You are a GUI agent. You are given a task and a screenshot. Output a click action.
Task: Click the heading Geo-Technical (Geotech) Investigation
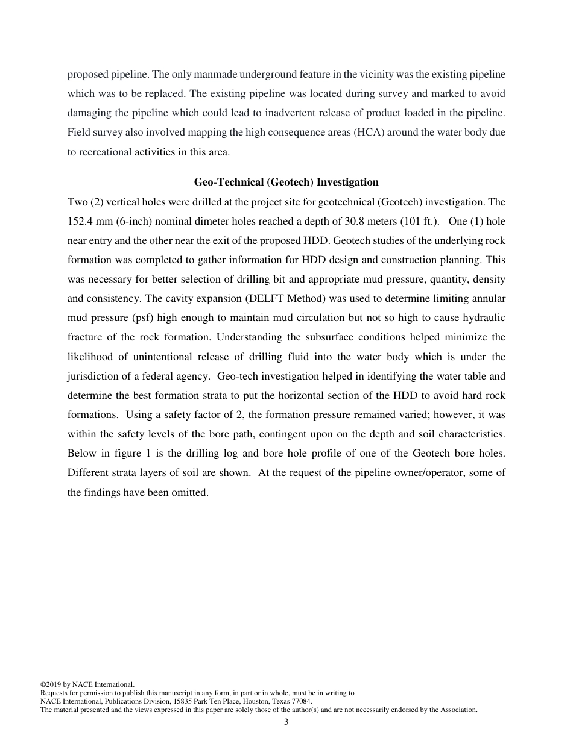click(x=286, y=182)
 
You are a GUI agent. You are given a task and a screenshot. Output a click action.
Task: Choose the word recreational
click(x=99, y=152)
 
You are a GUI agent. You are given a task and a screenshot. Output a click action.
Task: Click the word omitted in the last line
click(x=191, y=492)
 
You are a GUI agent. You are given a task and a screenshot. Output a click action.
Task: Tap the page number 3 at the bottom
click(x=286, y=722)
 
